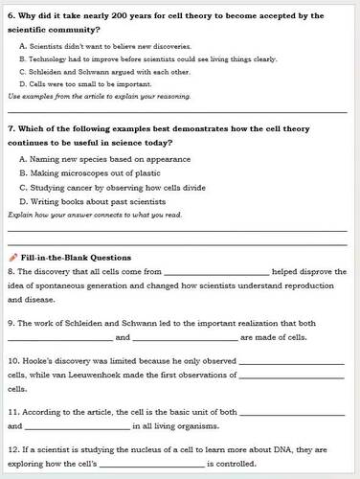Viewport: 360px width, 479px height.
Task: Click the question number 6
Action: pyautogui.click(x=11, y=17)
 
